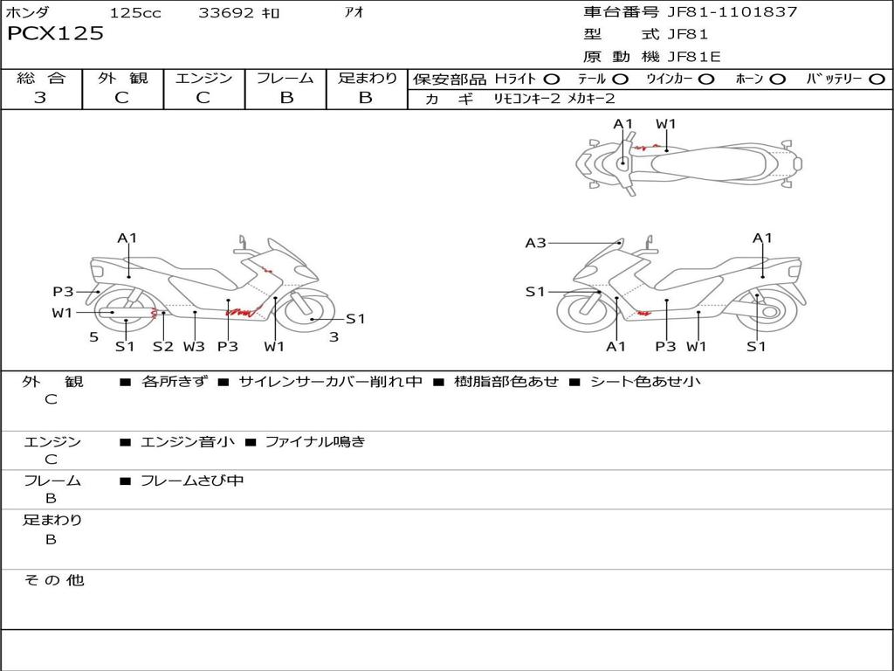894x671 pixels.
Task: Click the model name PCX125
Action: (55, 34)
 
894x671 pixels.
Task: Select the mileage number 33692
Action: (226, 13)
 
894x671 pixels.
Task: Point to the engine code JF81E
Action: (694, 57)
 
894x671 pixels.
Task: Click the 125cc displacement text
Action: (135, 13)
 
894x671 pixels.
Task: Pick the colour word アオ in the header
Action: (354, 13)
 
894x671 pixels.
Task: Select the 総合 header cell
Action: (41, 79)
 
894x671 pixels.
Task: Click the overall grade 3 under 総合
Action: (40, 98)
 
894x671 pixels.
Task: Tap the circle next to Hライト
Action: (551, 80)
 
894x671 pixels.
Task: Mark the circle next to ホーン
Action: (777, 80)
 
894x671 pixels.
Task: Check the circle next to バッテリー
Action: (877, 80)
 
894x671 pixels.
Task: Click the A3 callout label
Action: (535, 243)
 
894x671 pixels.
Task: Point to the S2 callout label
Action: (163, 346)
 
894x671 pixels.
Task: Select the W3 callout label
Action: (194, 346)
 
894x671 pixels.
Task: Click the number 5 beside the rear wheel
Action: (93, 336)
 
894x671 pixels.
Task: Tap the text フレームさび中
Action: (192, 481)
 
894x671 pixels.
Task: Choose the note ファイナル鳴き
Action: (314, 442)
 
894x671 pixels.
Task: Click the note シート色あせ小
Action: (645, 381)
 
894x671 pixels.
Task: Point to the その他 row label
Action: (53, 580)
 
